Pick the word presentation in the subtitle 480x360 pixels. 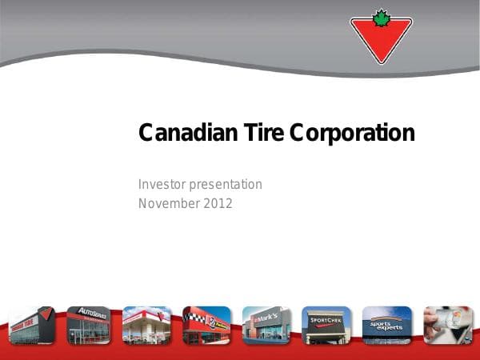[x=226, y=184]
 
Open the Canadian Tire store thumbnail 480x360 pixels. [x=31, y=326]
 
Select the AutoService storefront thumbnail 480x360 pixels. [x=88, y=326]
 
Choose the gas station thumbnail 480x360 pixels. [x=146, y=326]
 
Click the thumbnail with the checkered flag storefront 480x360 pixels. [x=206, y=326]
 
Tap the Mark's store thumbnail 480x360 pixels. [x=266, y=326]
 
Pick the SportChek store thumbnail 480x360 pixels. [x=326, y=326]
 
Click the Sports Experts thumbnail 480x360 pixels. [x=386, y=326]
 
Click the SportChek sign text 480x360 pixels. [x=326, y=320]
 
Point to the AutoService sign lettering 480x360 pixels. [x=90, y=313]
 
